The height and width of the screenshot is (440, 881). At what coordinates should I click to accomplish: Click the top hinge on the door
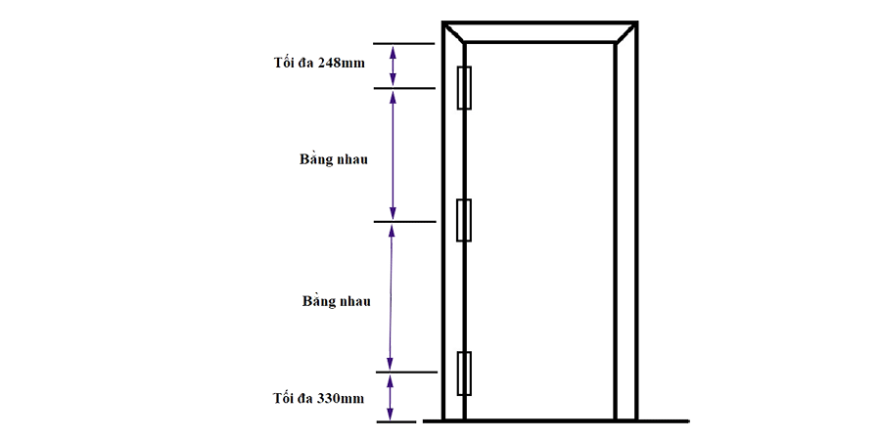point(464,88)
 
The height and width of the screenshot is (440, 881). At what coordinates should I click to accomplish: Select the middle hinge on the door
point(464,220)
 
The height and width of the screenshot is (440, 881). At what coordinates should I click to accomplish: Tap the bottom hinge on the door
point(464,374)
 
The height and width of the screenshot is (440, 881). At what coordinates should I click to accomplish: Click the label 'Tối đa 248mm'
point(318,63)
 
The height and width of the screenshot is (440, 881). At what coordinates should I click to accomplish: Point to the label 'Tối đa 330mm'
point(318,399)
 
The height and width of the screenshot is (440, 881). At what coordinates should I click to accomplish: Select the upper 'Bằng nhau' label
point(334,158)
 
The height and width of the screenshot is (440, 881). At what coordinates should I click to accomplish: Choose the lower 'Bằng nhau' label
point(337,301)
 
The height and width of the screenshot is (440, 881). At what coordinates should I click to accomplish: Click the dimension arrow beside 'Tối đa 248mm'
point(393,66)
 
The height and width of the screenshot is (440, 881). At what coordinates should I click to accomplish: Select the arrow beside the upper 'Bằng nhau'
point(393,154)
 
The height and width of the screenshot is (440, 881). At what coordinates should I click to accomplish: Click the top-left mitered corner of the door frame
point(454,32)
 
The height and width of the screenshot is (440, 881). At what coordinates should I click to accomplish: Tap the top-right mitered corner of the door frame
point(626,32)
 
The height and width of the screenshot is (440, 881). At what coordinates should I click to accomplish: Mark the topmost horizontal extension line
point(404,44)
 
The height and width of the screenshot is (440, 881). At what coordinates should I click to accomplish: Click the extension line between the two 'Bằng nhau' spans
point(405,222)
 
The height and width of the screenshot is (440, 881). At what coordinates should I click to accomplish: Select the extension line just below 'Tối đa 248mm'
point(405,88)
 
